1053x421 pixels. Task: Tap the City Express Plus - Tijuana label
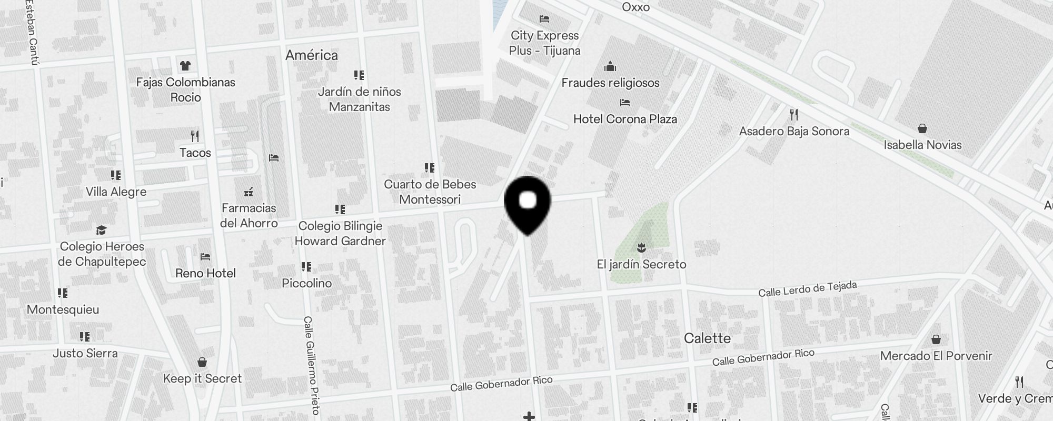[544, 43]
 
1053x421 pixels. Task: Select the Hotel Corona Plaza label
[625, 119]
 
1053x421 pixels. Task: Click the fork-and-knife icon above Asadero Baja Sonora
[794, 114]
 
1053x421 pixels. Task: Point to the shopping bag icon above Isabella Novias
[922, 128]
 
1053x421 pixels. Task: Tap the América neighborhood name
[312, 55]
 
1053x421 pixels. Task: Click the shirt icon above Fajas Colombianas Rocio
[185, 66]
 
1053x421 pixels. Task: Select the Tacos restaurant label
[195, 153]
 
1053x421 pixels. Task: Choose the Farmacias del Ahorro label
[249, 215]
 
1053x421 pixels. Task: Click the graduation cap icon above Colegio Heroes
[101, 230]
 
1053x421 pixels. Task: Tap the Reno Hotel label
[205, 273]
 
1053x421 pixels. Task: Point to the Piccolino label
[306, 283]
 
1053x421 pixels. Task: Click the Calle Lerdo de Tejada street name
[807, 288]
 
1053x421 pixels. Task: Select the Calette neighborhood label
[707, 338]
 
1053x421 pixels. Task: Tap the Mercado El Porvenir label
[936, 356]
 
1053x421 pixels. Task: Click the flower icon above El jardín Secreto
[641, 247]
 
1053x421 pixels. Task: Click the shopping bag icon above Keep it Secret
[202, 362]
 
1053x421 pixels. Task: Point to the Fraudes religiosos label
[610, 83]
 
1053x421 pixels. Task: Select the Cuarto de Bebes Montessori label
[430, 192]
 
